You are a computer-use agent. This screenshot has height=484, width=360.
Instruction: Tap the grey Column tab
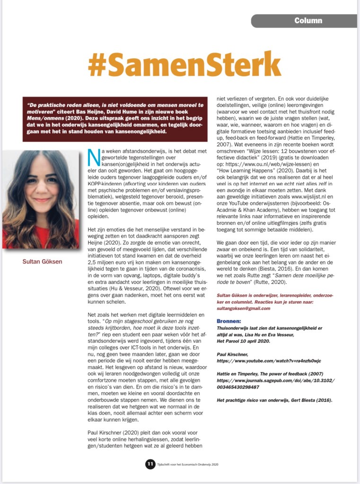(x=308, y=21)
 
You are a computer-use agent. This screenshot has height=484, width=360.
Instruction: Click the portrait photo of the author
(x=41, y=200)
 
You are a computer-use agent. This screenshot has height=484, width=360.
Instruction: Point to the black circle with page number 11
(x=150, y=464)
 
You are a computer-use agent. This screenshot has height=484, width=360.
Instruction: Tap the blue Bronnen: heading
(x=228, y=320)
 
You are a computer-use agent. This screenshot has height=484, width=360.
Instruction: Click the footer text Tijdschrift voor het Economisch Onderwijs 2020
(x=188, y=465)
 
